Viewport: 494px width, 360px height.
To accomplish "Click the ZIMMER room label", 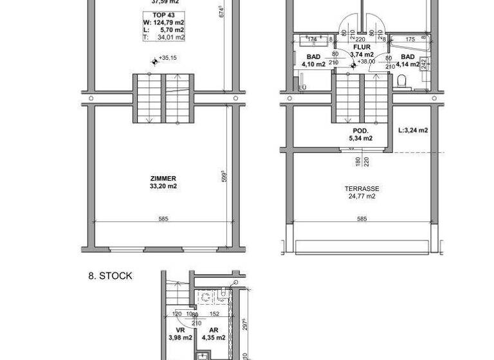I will pyautogui.click(x=163, y=179).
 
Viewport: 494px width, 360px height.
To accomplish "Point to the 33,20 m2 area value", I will pyautogui.click(x=163, y=186).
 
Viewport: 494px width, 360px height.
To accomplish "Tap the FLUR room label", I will pyautogui.click(x=362, y=47).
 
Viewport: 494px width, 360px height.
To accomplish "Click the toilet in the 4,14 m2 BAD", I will pyautogui.click(x=401, y=82).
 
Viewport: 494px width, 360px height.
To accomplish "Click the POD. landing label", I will pyautogui.click(x=360, y=130).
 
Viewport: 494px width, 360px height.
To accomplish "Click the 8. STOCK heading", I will pyautogui.click(x=111, y=276).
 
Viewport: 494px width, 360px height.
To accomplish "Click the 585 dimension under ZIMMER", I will pyautogui.click(x=163, y=220).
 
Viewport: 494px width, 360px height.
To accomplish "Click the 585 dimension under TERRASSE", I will pyautogui.click(x=361, y=220).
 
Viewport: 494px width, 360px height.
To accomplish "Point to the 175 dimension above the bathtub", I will pyautogui.click(x=410, y=39).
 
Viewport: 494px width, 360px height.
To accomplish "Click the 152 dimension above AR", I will pyautogui.click(x=214, y=314).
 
